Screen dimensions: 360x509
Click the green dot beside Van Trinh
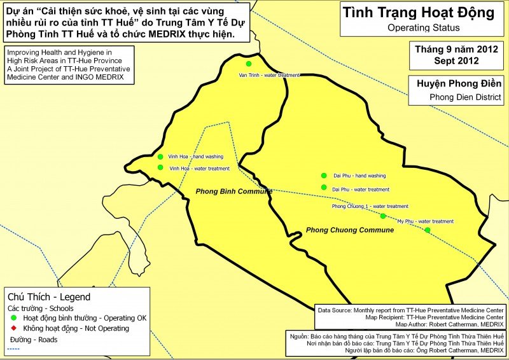click(x=249, y=64)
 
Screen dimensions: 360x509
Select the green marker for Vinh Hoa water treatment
click(x=160, y=168)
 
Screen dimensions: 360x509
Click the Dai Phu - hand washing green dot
click(x=324, y=176)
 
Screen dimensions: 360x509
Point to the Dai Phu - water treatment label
click(x=361, y=190)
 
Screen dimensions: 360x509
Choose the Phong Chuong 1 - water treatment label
click(x=370, y=206)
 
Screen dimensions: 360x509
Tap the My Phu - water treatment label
click(x=425, y=221)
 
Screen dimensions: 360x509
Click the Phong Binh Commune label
click(x=234, y=191)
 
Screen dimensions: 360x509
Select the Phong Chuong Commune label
click(x=349, y=230)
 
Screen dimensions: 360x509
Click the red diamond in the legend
click(x=13, y=328)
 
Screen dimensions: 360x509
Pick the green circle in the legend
click(x=13, y=317)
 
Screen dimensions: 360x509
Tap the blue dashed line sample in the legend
click(x=13, y=349)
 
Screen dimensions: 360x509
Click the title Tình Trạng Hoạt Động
click(x=417, y=13)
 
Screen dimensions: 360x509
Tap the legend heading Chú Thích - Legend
click(x=48, y=296)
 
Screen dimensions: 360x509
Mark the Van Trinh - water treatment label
click(x=268, y=75)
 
